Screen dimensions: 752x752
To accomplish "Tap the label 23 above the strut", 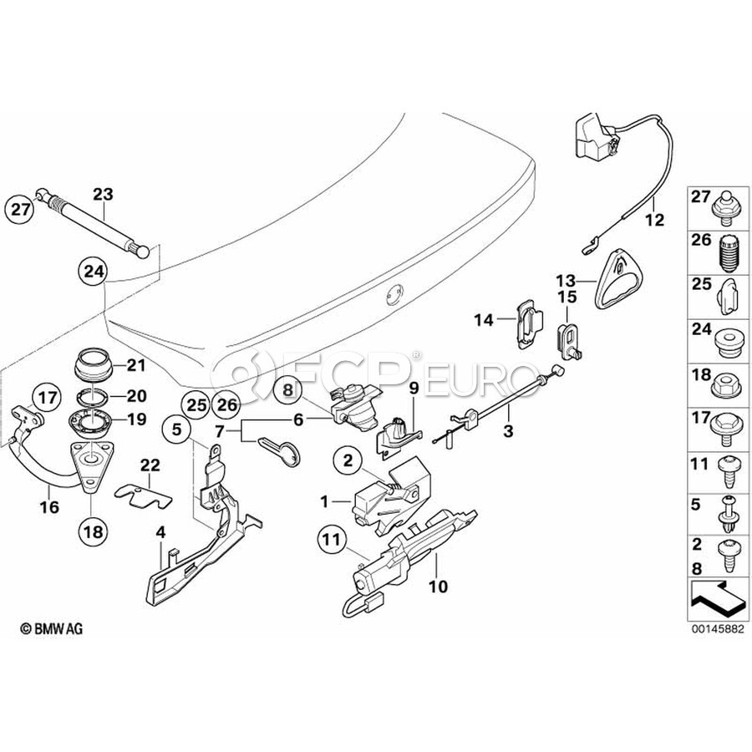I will click(102, 194).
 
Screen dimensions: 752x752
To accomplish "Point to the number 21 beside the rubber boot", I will click(135, 364).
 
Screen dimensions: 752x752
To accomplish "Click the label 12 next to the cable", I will click(654, 221).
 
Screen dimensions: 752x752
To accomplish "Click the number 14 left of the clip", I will click(485, 318).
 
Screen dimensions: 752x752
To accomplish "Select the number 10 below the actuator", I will click(440, 587).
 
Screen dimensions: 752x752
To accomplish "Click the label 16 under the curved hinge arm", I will click(49, 507).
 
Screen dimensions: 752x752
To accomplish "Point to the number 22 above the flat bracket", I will click(150, 465).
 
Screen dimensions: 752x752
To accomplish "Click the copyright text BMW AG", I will click(53, 628).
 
